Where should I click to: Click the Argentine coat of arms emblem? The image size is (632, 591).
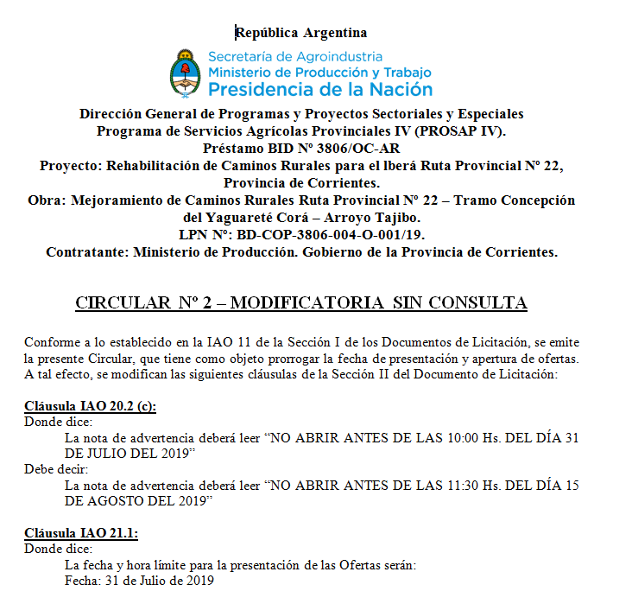coord(184,73)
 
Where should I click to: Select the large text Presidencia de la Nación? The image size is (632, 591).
coord(320,88)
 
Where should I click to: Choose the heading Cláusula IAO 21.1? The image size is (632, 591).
coord(81,532)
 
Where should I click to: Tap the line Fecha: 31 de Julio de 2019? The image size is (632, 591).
coord(139,580)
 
